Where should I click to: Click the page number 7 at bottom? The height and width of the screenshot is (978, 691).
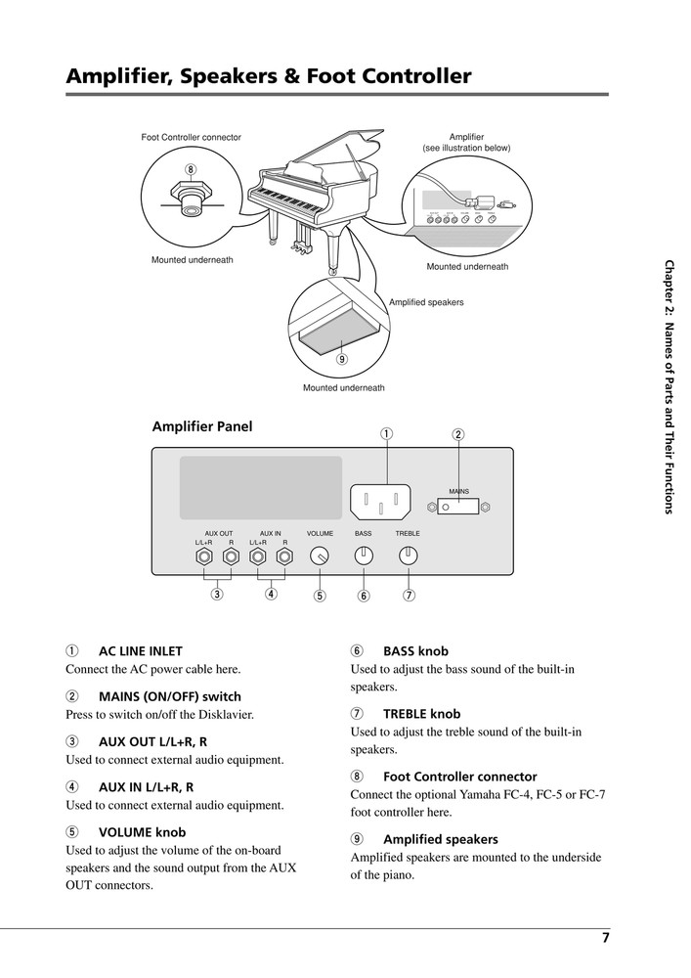click(x=605, y=938)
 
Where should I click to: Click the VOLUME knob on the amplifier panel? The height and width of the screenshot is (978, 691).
click(x=319, y=556)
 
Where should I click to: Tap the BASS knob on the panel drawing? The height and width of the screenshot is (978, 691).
click(x=363, y=556)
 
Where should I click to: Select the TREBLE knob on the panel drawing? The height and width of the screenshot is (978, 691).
click(x=408, y=556)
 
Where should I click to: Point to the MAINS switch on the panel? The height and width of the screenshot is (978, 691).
click(x=457, y=507)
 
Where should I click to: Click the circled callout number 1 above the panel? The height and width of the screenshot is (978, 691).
click(x=387, y=433)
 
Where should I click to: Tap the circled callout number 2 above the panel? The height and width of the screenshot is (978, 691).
click(x=457, y=433)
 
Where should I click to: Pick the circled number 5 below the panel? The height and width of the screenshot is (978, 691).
click(x=319, y=595)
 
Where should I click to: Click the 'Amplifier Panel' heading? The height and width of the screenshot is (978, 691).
click(x=202, y=425)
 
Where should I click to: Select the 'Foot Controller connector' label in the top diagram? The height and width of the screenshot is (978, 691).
click(x=192, y=137)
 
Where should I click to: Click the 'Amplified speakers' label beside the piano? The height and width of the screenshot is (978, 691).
click(x=426, y=302)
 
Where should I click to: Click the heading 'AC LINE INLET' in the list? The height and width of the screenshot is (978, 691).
click(x=141, y=650)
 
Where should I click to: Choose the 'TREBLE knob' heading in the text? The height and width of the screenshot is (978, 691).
click(x=421, y=714)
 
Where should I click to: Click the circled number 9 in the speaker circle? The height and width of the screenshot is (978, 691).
click(x=342, y=359)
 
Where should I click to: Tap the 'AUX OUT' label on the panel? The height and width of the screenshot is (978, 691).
click(x=218, y=533)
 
